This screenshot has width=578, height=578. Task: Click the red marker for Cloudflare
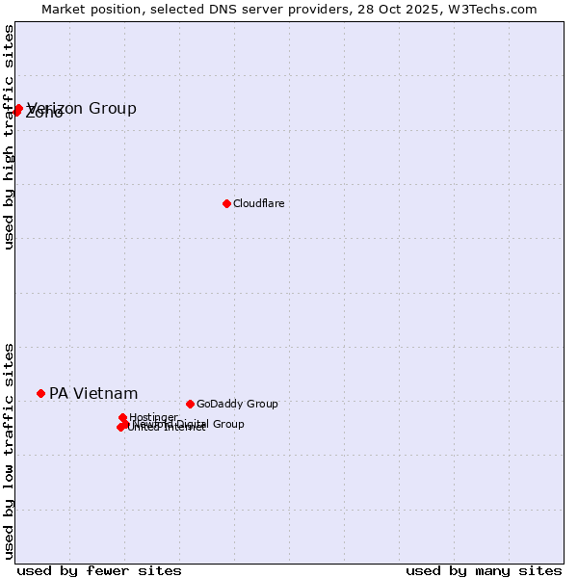[x=226, y=203]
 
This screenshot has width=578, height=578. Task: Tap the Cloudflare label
[x=258, y=203]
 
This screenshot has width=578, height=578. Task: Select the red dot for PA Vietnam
[x=40, y=393]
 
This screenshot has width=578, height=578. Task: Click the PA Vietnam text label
[x=93, y=393]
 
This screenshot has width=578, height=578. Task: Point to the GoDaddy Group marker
[x=190, y=404]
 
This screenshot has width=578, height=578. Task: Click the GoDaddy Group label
[x=237, y=404]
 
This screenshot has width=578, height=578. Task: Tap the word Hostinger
[x=153, y=417]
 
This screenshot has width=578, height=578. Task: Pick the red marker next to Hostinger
[x=122, y=417]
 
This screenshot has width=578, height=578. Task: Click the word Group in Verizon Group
[x=113, y=108]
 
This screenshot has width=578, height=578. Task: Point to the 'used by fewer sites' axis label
[x=99, y=570]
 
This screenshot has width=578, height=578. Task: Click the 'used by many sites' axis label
[x=484, y=570]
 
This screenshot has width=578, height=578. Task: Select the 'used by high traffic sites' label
[x=9, y=137]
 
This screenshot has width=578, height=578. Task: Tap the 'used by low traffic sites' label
[x=9, y=451]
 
